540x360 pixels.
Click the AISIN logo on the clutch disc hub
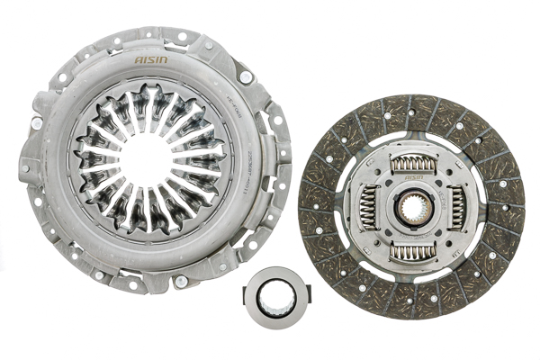tap(415, 178)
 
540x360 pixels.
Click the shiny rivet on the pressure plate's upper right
tap(244, 77)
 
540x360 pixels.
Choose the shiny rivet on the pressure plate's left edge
tap(37, 122)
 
